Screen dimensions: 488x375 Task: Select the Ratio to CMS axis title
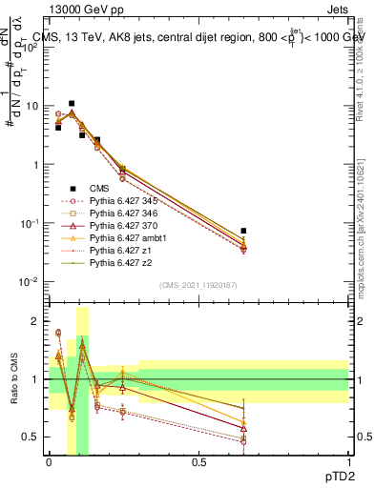click(x=13, y=379)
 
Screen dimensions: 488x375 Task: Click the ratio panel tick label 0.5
click(x=34, y=437)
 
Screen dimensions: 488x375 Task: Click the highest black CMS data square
click(x=72, y=103)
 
